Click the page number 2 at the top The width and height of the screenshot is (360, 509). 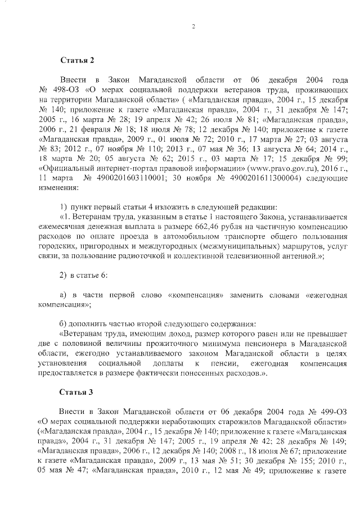[192, 26]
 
